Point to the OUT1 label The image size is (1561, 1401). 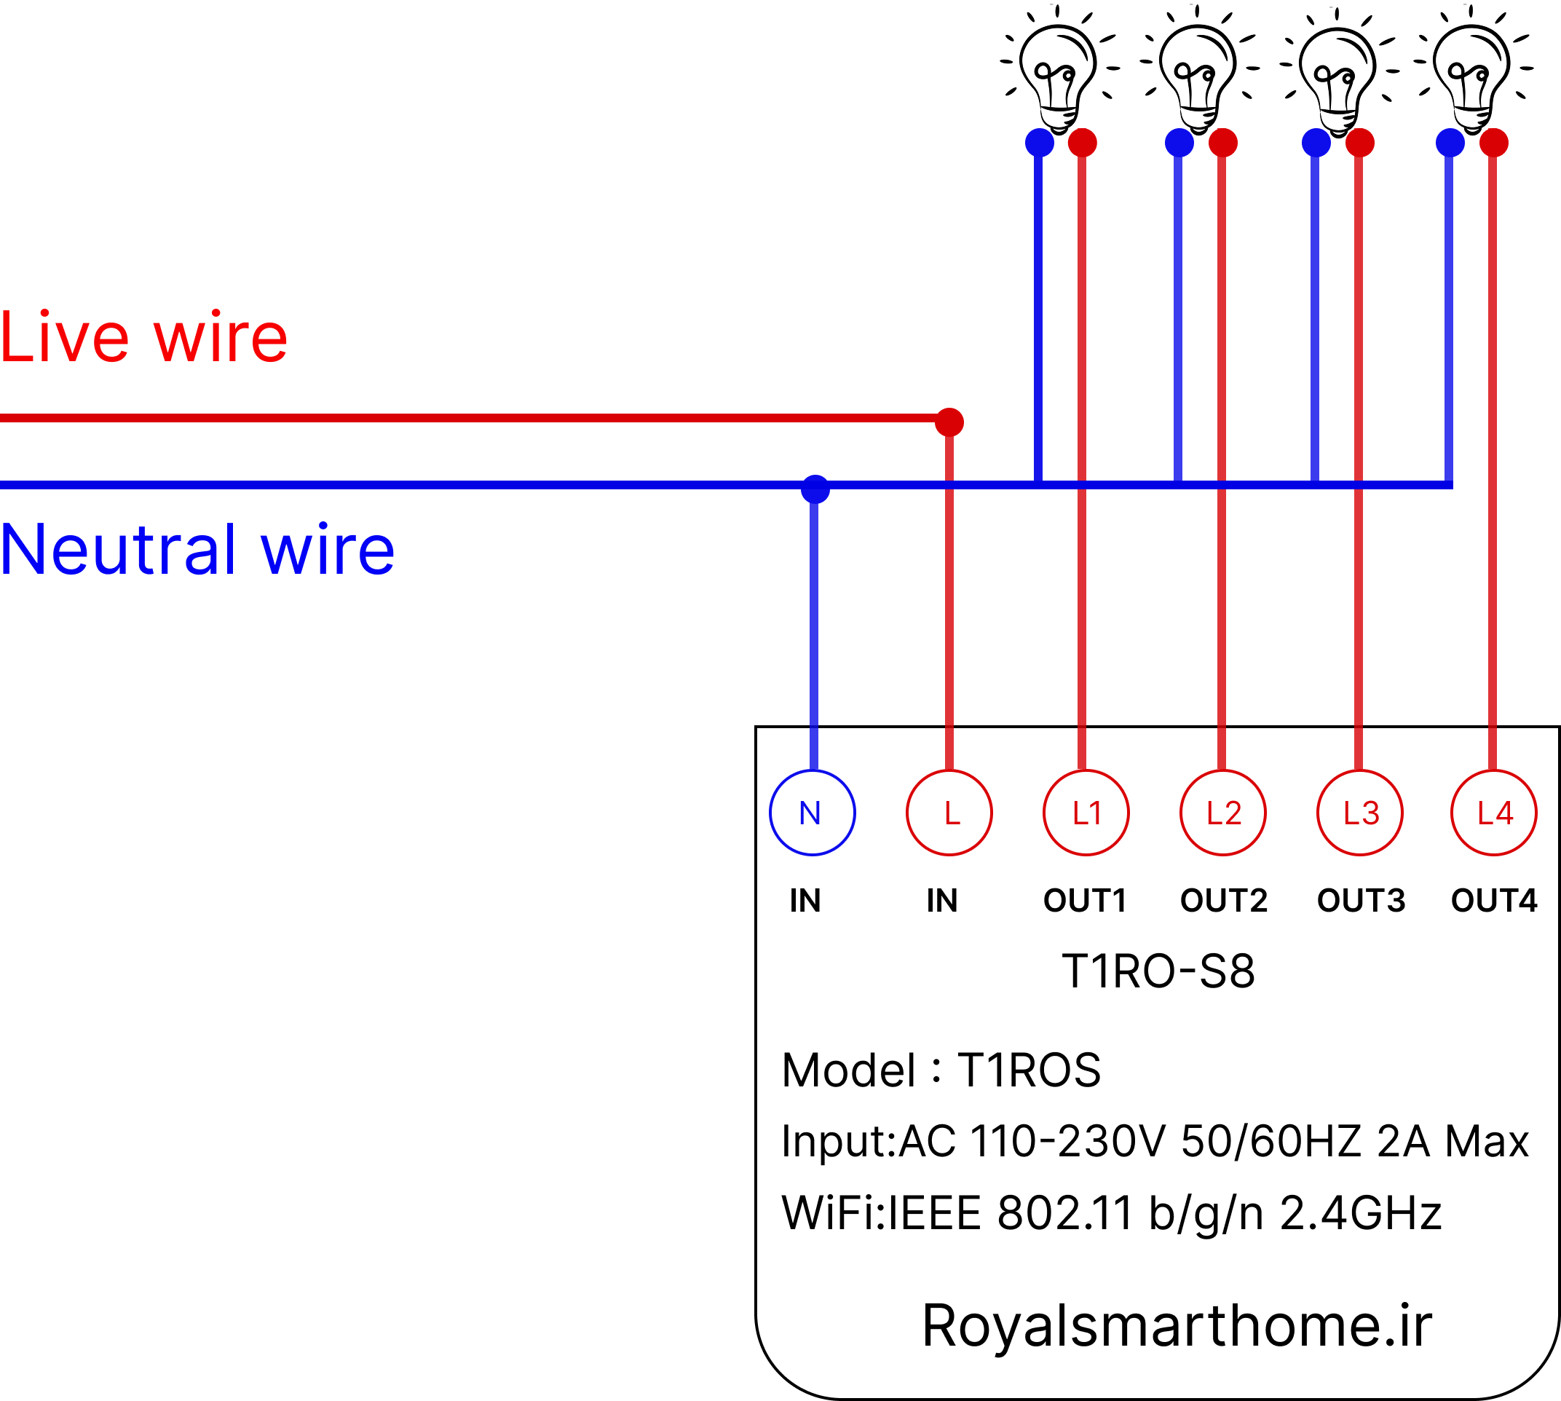point(1085,901)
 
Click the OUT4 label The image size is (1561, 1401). point(1494,901)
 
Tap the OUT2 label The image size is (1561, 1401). point(1224,901)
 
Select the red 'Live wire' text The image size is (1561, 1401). point(144,337)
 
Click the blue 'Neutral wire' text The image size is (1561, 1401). point(198,549)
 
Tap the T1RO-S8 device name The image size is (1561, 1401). point(1158,971)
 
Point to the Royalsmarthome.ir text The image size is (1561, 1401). point(1177,1325)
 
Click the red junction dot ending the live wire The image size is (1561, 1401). point(949,422)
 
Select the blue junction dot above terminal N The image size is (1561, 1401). point(815,489)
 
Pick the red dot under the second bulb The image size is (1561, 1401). point(1223,143)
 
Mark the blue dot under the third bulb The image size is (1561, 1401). point(1316,143)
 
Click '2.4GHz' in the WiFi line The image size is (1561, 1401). point(1360,1214)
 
